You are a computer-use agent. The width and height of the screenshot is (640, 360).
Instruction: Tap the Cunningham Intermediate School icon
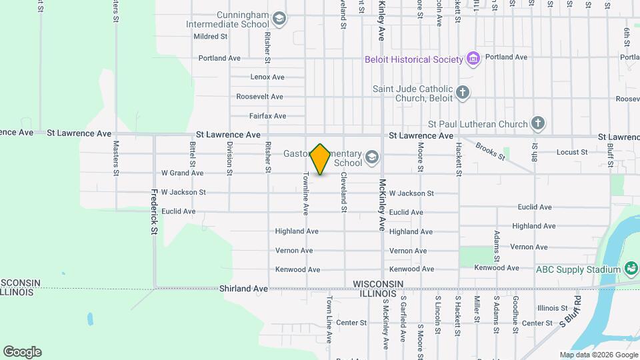pos(279,19)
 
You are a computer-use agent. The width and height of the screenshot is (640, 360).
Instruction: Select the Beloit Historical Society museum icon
pos(473,59)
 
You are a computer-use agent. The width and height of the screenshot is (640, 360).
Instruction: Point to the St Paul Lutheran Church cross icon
pos(538,123)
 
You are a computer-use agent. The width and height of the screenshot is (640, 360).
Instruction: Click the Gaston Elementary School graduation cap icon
pos(371,158)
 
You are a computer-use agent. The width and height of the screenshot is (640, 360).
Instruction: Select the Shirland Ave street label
pos(243,289)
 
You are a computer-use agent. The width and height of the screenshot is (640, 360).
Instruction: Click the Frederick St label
pos(153,212)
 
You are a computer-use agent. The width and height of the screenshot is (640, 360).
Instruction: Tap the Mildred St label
pos(211,37)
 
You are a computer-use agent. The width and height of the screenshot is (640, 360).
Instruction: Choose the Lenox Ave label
pos(267,77)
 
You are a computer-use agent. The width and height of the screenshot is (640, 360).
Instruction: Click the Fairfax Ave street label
pos(267,116)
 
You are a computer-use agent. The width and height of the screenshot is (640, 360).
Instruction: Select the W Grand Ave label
pos(177,173)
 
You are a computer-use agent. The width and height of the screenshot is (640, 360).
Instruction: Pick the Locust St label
pos(572,152)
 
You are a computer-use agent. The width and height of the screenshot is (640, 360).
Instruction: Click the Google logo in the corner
pos(22,352)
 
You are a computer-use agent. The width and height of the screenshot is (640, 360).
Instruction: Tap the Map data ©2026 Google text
pos(599,355)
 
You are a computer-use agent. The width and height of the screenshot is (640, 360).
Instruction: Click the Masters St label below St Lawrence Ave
pos(116,153)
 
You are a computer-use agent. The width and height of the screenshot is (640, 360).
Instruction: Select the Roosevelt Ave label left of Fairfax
pos(259,97)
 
